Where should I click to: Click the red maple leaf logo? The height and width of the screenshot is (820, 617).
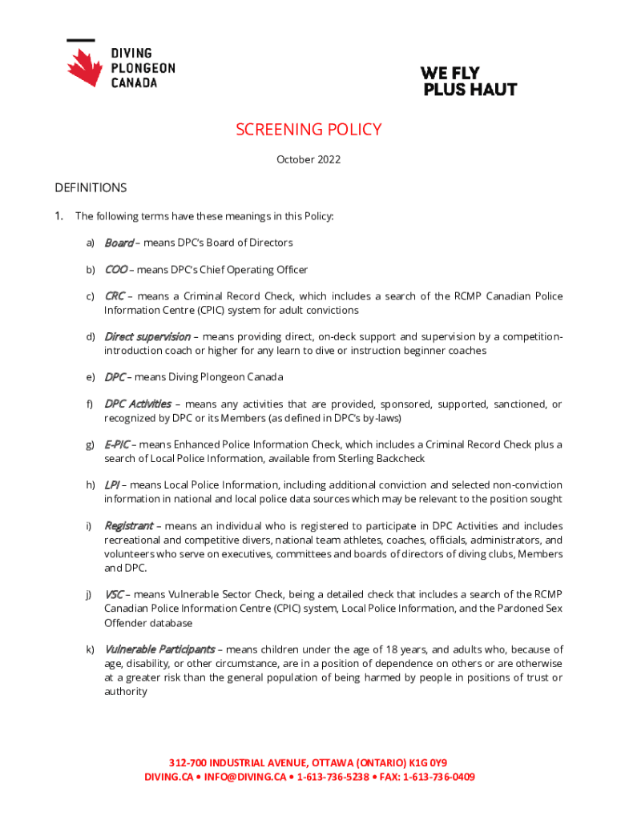tap(85, 66)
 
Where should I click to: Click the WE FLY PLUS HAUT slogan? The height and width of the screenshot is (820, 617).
tap(470, 81)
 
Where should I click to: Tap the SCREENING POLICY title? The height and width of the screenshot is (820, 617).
tap(308, 130)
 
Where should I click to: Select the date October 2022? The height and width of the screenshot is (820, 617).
tap(308, 159)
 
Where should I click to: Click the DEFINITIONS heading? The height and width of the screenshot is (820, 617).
tap(91, 188)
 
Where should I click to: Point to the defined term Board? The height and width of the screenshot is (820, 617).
tap(119, 243)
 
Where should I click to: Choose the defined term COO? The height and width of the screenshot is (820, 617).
tap(115, 270)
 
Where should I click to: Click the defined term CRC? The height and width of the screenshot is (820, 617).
tap(114, 296)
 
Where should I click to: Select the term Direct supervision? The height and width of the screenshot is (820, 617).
tap(147, 336)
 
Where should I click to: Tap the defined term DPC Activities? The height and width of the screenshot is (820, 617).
tap(137, 404)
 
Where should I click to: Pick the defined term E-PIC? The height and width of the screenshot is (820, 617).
tap(117, 444)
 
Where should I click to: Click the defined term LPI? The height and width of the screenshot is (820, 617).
tap(111, 484)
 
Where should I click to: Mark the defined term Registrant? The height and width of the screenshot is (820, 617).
tap(128, 526)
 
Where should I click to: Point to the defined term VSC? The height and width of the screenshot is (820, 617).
tap(114, 594)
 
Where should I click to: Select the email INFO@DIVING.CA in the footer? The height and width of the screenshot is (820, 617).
tap(244, 777)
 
